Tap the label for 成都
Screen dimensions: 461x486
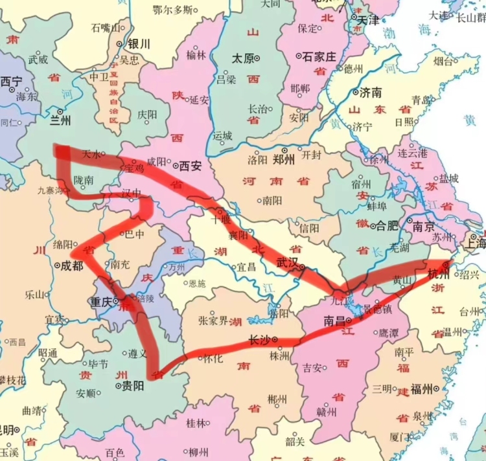70,265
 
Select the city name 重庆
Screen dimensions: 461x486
101,302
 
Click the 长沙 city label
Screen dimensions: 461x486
259,339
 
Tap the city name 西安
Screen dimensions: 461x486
190,166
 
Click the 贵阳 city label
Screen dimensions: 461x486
132,386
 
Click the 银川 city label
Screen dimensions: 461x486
139,45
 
